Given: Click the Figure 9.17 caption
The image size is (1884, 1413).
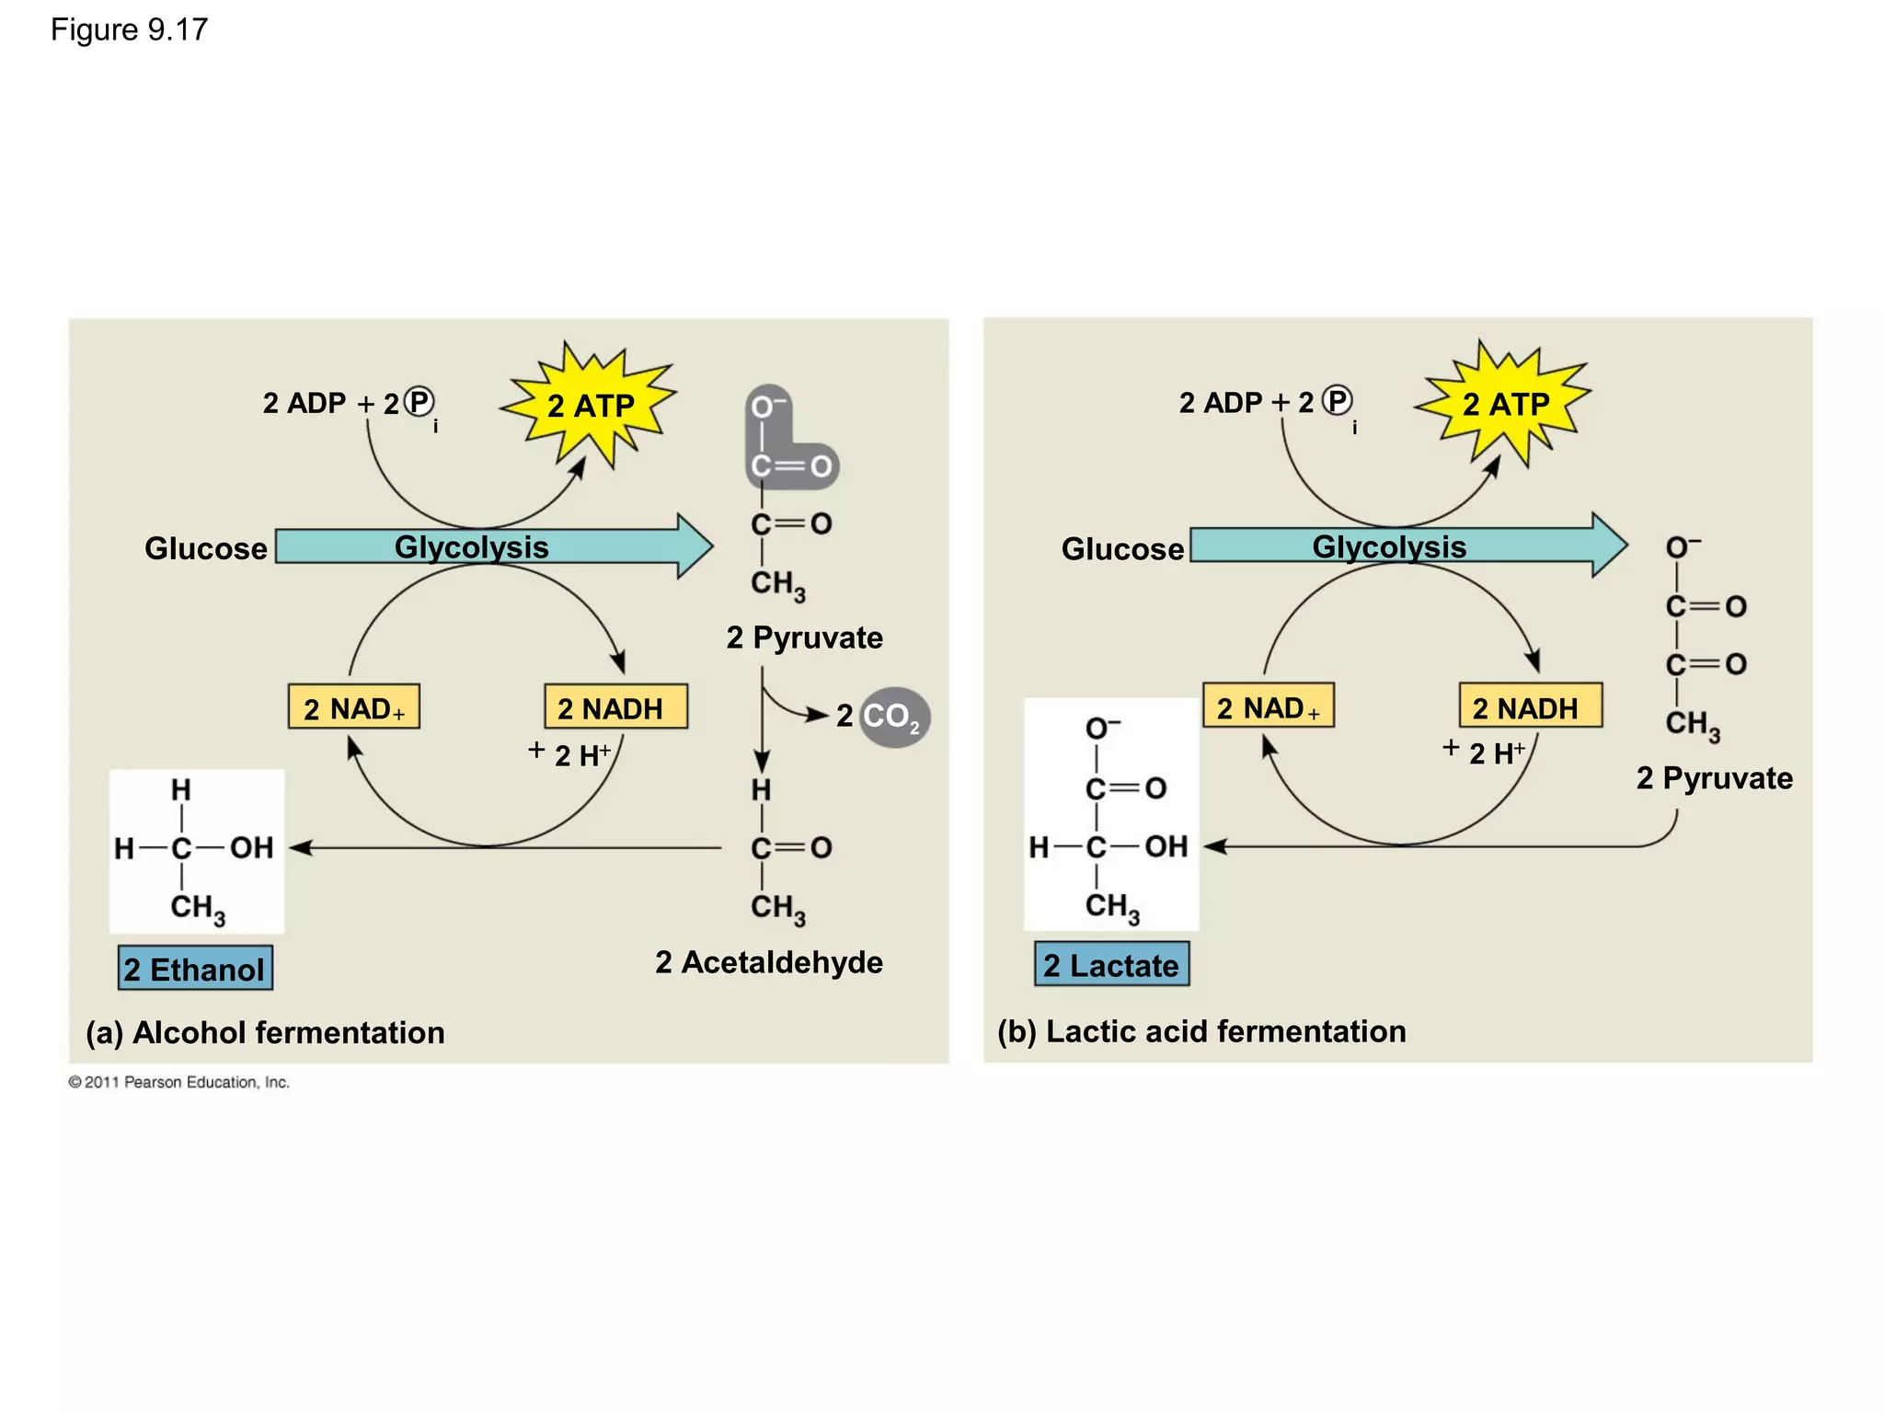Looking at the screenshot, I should (x=129, y=30).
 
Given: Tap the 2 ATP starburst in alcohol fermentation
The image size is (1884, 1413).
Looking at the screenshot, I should (x=590, y=405).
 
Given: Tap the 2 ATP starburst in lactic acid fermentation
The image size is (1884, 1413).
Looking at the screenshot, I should (x=1505, y=403).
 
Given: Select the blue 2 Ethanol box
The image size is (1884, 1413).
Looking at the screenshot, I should (x=195, y=969).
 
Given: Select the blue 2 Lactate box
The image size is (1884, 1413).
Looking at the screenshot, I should (x=1111, y=965).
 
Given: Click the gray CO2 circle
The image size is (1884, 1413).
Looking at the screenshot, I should (x=893, y=717).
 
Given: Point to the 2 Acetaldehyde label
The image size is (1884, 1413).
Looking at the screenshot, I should (x=769, y=962).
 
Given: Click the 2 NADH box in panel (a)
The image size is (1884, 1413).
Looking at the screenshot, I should (x=615, y=707).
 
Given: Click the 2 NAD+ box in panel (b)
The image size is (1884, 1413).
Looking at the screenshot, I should (x=1268, y=706).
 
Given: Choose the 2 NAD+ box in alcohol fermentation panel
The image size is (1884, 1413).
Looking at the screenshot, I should (x=354, y=707).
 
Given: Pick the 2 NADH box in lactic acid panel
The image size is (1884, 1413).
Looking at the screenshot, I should (x=1530, y=706).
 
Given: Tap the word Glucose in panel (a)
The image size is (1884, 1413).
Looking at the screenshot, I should (x=206, y=548).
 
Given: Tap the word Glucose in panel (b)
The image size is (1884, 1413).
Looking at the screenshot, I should (x=1122, y=549).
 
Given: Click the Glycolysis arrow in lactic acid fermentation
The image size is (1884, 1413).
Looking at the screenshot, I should (x=1407, y=546).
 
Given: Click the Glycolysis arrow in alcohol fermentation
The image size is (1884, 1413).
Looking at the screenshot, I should (x=492, y=546).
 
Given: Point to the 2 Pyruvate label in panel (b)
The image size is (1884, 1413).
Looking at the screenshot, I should (x=1714, y=778).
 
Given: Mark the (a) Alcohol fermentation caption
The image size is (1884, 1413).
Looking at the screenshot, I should (x=265, y=1032).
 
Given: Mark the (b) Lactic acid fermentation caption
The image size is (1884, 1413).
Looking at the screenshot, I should (x=1201, y=1031).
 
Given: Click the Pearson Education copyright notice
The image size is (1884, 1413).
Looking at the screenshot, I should (x=178, y=1083).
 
